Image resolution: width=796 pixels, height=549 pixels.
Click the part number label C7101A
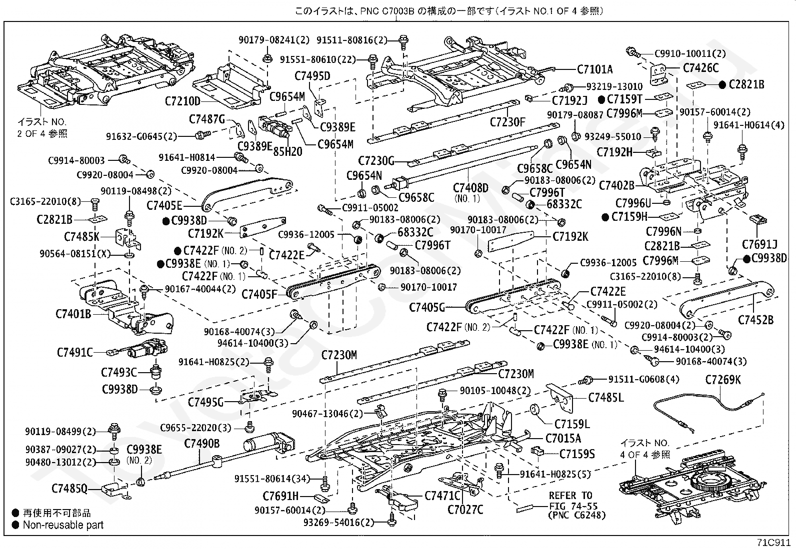point(594,69)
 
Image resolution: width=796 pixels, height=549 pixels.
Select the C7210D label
point(182,101)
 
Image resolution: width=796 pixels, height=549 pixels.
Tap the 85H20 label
point(287,152)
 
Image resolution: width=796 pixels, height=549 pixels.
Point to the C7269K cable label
point(723,380)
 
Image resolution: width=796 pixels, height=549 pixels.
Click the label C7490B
point(202,444)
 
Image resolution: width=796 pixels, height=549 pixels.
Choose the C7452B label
point(756,320)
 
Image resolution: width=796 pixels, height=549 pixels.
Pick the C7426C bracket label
point(701,68)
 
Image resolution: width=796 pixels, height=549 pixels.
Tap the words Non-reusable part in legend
point(63,525)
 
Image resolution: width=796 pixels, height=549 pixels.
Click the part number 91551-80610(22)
point(317,59)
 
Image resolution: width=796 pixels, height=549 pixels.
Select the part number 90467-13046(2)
point(327,414)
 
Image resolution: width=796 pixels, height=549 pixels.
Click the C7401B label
point(73,314)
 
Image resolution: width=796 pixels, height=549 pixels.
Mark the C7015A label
point(563,439)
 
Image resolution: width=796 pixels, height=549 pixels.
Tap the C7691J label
point(760,244)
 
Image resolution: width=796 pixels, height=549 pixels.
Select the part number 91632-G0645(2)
point(141,137)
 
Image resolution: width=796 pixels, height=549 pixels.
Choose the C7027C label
point(465,510)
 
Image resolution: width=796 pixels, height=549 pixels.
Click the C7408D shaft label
point(471,188)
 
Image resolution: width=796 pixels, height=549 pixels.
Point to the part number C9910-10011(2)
point(690,53)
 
